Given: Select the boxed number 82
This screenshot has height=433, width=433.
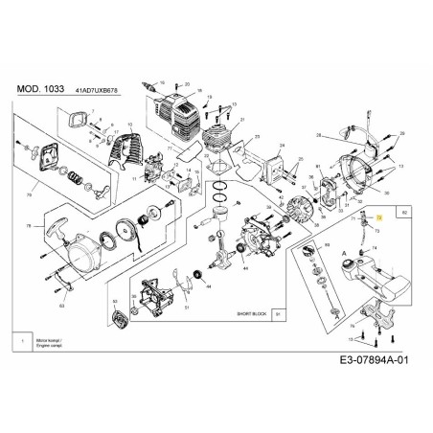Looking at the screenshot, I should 403,211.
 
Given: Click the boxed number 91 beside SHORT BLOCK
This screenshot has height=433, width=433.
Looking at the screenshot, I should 278,312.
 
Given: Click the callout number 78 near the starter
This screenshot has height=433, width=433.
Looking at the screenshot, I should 28,226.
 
